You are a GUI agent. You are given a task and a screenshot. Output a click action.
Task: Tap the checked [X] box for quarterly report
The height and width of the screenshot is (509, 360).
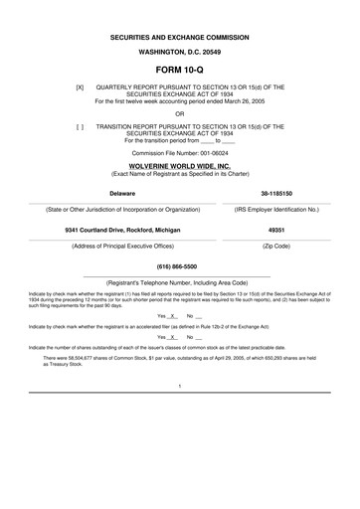(x=80, y=86)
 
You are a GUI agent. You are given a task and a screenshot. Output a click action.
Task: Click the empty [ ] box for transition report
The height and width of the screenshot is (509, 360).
(x=80, y=126)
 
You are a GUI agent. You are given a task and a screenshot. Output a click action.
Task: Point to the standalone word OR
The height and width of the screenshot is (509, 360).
(x=179, y=112)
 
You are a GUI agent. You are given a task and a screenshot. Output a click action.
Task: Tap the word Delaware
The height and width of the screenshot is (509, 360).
(x=122, y=192)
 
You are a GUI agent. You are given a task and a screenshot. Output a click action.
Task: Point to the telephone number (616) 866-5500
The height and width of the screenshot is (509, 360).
(x=179, y=267)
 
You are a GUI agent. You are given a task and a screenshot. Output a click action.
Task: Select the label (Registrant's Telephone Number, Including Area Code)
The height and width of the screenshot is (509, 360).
(x=179, y=283)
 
